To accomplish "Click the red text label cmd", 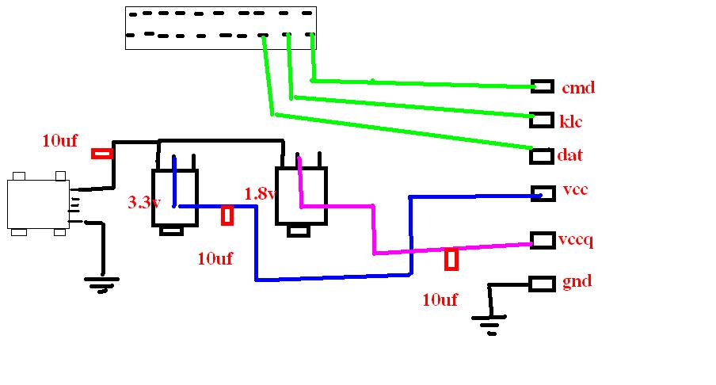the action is point(578,87).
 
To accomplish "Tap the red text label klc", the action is point(571,121).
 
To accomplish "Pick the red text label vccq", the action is point(576,240).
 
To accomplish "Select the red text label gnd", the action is point(577,281).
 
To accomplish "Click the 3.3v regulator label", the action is point(144,202).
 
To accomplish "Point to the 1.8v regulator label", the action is point(261,193).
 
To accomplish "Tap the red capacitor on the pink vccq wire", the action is point(451,259).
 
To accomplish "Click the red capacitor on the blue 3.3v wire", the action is point(227,215).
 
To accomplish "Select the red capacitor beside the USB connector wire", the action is point(102,154).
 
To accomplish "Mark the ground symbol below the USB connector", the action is point(101,284).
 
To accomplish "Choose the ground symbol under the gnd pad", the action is point(489,325).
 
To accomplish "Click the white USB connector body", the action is point(38,204).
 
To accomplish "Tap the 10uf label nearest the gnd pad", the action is point(440,299).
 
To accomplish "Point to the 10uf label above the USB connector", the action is point(60,140).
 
